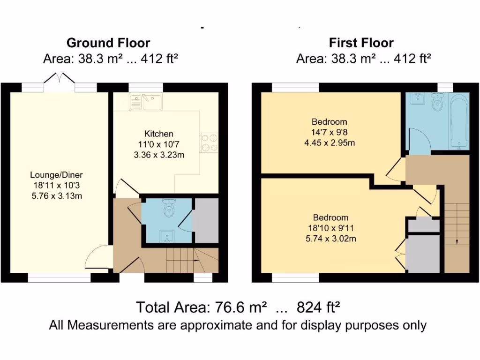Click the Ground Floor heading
coord(108,43)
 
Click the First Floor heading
coord(361,43)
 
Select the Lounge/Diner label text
coord(56,175)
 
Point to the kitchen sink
coord(146,101)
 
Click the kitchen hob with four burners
coord(210,143)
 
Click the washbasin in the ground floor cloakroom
coord(166,234)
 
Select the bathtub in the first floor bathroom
coord(458,120)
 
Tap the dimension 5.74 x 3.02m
coord(331,239)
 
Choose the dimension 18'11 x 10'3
coord(56,185)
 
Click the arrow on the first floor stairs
coord(457,240)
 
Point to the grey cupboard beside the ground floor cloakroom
coord(206,220)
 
